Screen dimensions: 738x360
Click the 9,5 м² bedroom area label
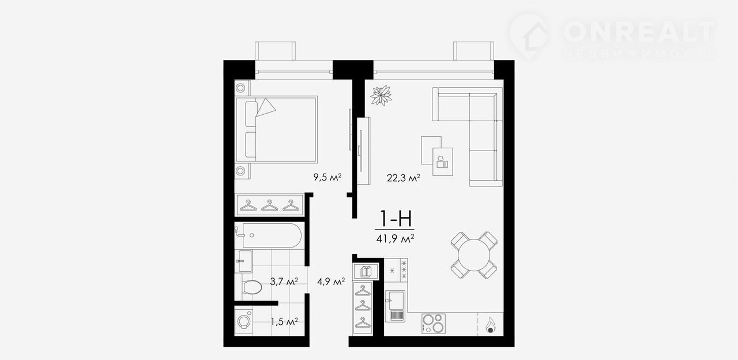pos(327,177)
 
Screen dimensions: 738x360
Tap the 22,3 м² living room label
pos(403,178)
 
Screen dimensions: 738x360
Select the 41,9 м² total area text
pos(395,238)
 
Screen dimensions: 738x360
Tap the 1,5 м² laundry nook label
pos(284,321)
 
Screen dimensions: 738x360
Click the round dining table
pos(474,255)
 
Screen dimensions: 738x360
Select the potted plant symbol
pos(381,96)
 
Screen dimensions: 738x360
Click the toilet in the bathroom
pos(252,287)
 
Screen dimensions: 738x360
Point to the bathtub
pos(272,235)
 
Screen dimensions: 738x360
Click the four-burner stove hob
pos(433,324)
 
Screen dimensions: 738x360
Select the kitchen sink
pos(395,306)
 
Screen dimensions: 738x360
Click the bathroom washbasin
pos(244,261)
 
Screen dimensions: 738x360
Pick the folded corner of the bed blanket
pos(266,107)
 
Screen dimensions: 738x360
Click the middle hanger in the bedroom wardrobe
pos(269,206)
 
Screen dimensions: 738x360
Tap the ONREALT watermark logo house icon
pos(529,36)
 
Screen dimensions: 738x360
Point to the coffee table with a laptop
pos(442,162)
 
